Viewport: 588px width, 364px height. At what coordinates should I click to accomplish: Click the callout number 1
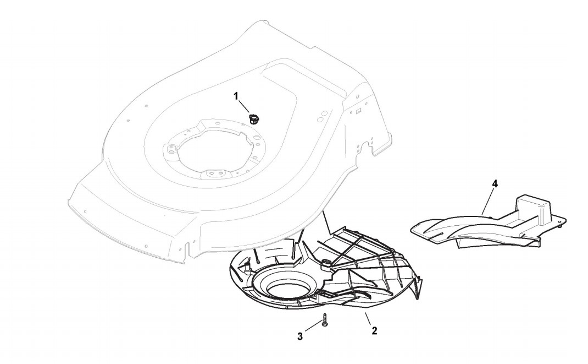[236, 96]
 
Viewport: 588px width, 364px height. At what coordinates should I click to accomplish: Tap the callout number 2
[374, 331]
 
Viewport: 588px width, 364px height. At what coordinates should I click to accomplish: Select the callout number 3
[300, 336]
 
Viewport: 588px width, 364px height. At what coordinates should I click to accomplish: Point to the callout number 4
[495, 184]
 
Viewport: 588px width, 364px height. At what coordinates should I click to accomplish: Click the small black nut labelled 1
[254, 117]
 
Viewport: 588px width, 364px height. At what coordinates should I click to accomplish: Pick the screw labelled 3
[325, 320]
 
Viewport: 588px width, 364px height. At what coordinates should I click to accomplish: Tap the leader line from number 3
[312, 328]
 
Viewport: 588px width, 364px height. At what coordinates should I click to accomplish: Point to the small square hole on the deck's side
[358, 110]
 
